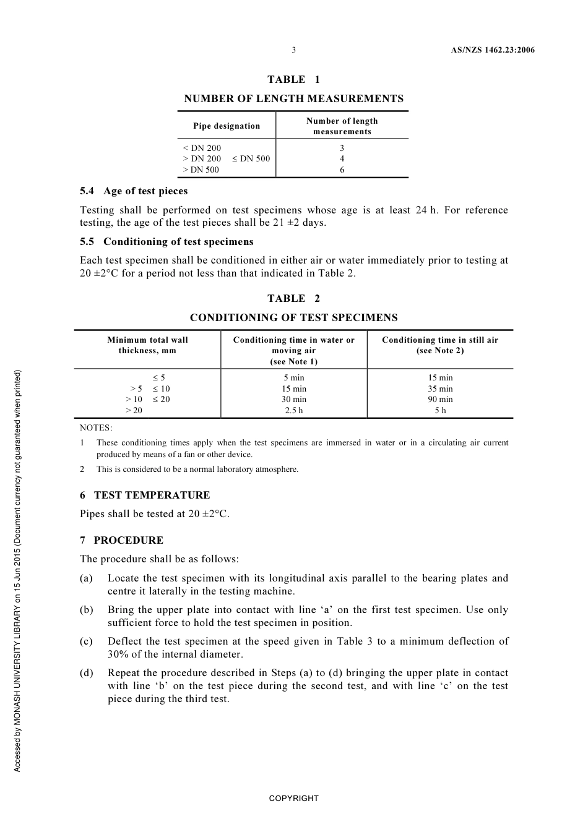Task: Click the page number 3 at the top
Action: (293, 50)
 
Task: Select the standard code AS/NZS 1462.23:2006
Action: (492, 50)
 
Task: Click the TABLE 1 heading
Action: (293, 79)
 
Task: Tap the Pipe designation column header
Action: (227, 126)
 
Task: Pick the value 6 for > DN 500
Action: (342, 170)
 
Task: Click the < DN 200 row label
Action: (202, 148)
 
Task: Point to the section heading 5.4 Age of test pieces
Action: (134, 191)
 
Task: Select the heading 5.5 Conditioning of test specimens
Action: (166, 242)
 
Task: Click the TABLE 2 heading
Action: (293, 298)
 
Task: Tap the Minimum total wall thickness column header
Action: (147, 345)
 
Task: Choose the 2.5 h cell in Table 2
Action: (293, 411)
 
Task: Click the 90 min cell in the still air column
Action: (440, 400)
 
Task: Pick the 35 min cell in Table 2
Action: (440, 389)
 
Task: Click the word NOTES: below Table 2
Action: (96, 428)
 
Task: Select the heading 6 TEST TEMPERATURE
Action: (145, 495)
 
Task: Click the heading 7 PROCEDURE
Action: (122, 541)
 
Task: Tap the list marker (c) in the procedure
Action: (86, 641)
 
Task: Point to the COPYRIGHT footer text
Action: (293, 799)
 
